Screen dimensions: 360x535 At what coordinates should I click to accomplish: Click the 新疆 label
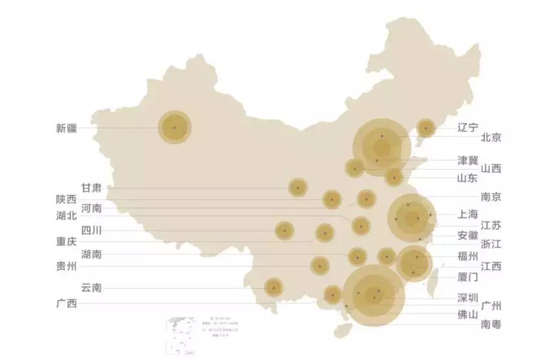(67, 128)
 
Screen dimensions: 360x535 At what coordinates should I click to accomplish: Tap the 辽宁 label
(468, 127)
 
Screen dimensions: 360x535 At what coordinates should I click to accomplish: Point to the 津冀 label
(468, 159)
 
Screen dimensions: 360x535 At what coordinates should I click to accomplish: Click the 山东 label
(467, 178)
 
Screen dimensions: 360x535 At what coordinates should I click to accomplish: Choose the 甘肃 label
(91, 188)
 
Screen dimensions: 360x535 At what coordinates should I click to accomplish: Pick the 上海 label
(467, 214)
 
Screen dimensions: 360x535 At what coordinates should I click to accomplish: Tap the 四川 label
(91, 230)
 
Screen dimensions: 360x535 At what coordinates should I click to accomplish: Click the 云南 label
(91, 287)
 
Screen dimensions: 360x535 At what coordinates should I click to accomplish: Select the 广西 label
(67, 304)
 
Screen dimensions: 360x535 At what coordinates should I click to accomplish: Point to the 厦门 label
(467, 277)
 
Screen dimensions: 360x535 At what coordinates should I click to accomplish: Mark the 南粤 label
(490, 324)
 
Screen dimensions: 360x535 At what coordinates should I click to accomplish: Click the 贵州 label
(67, 266)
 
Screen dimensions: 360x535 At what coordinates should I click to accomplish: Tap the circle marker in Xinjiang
(175, 127)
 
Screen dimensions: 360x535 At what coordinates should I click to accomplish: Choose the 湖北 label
(67, 217)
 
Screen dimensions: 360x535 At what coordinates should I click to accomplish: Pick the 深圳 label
(467, 297)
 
